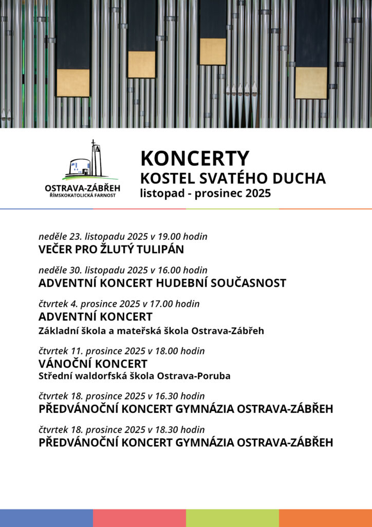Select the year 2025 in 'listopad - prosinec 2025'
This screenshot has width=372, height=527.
click(x=258, y=194)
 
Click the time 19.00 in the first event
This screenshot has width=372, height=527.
click(x=170, y=237)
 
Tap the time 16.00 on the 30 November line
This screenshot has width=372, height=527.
click(x=170, y=270)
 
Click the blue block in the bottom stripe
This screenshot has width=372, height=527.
click(x=46, y=518)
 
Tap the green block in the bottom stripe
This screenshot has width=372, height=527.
click(x=232, y=518)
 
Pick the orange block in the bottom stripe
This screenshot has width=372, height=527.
click(x=325, y=518)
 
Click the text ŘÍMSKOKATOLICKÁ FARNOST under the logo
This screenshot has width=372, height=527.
click(x=82, y=196)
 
